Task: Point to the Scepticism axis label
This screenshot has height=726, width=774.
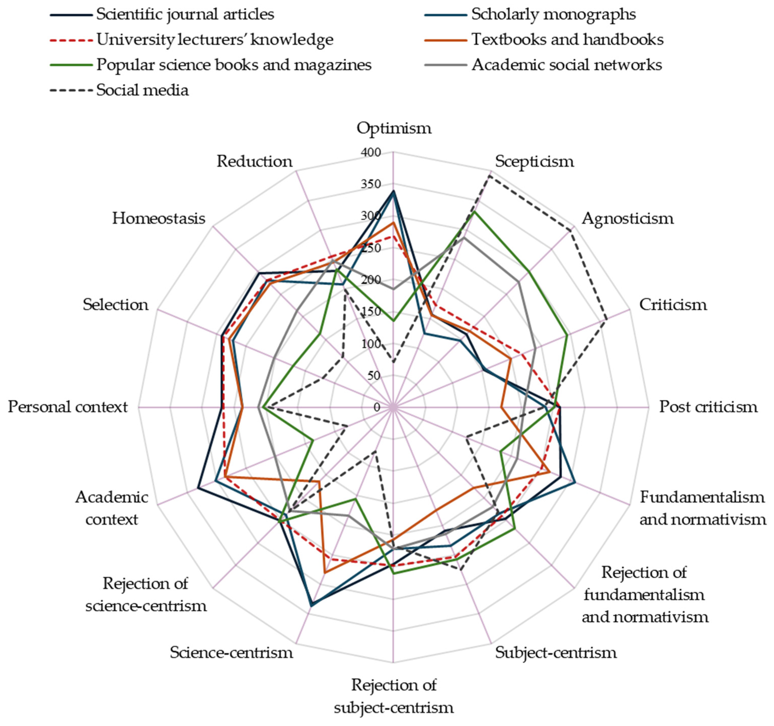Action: click(x=534, y=161)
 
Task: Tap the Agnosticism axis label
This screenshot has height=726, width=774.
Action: click(x=627, y=219)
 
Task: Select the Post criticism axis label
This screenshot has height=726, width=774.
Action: click(x=708, y=407)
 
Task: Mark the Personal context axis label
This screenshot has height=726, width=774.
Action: click(x=68, y=407)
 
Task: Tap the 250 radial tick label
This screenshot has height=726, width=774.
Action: click(x=371, y=248)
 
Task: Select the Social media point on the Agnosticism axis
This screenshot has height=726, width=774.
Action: click(x=571, y=231)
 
